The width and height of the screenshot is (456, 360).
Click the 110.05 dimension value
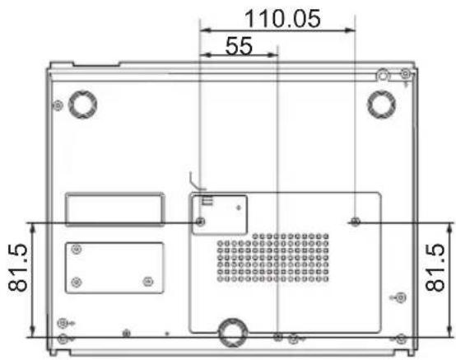(282, 19)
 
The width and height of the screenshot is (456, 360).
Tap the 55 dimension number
(239, 45)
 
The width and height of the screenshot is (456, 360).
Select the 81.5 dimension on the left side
(18, 268)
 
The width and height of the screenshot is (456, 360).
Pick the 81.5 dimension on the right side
(435, 268)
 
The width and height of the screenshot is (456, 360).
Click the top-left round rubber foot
(82, 104)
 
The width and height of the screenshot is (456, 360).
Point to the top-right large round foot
(381, 104)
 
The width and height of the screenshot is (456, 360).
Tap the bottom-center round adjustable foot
(233, 332)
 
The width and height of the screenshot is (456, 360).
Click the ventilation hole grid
(273, 258)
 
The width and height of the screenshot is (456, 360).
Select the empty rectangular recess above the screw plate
(114, 209)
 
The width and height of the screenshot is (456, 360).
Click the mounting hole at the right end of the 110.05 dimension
(355, 222)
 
